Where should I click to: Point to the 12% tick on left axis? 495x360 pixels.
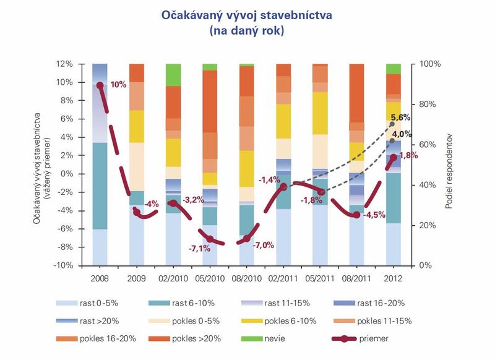tap(82, 64)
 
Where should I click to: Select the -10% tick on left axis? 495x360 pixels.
tap(80, 265)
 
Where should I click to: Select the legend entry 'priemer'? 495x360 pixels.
tap(377, 338)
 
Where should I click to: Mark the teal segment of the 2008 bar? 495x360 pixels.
tap(100, 186)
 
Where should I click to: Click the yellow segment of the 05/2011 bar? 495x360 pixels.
tap(320, 113)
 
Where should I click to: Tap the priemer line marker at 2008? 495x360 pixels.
tap(100, 85)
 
